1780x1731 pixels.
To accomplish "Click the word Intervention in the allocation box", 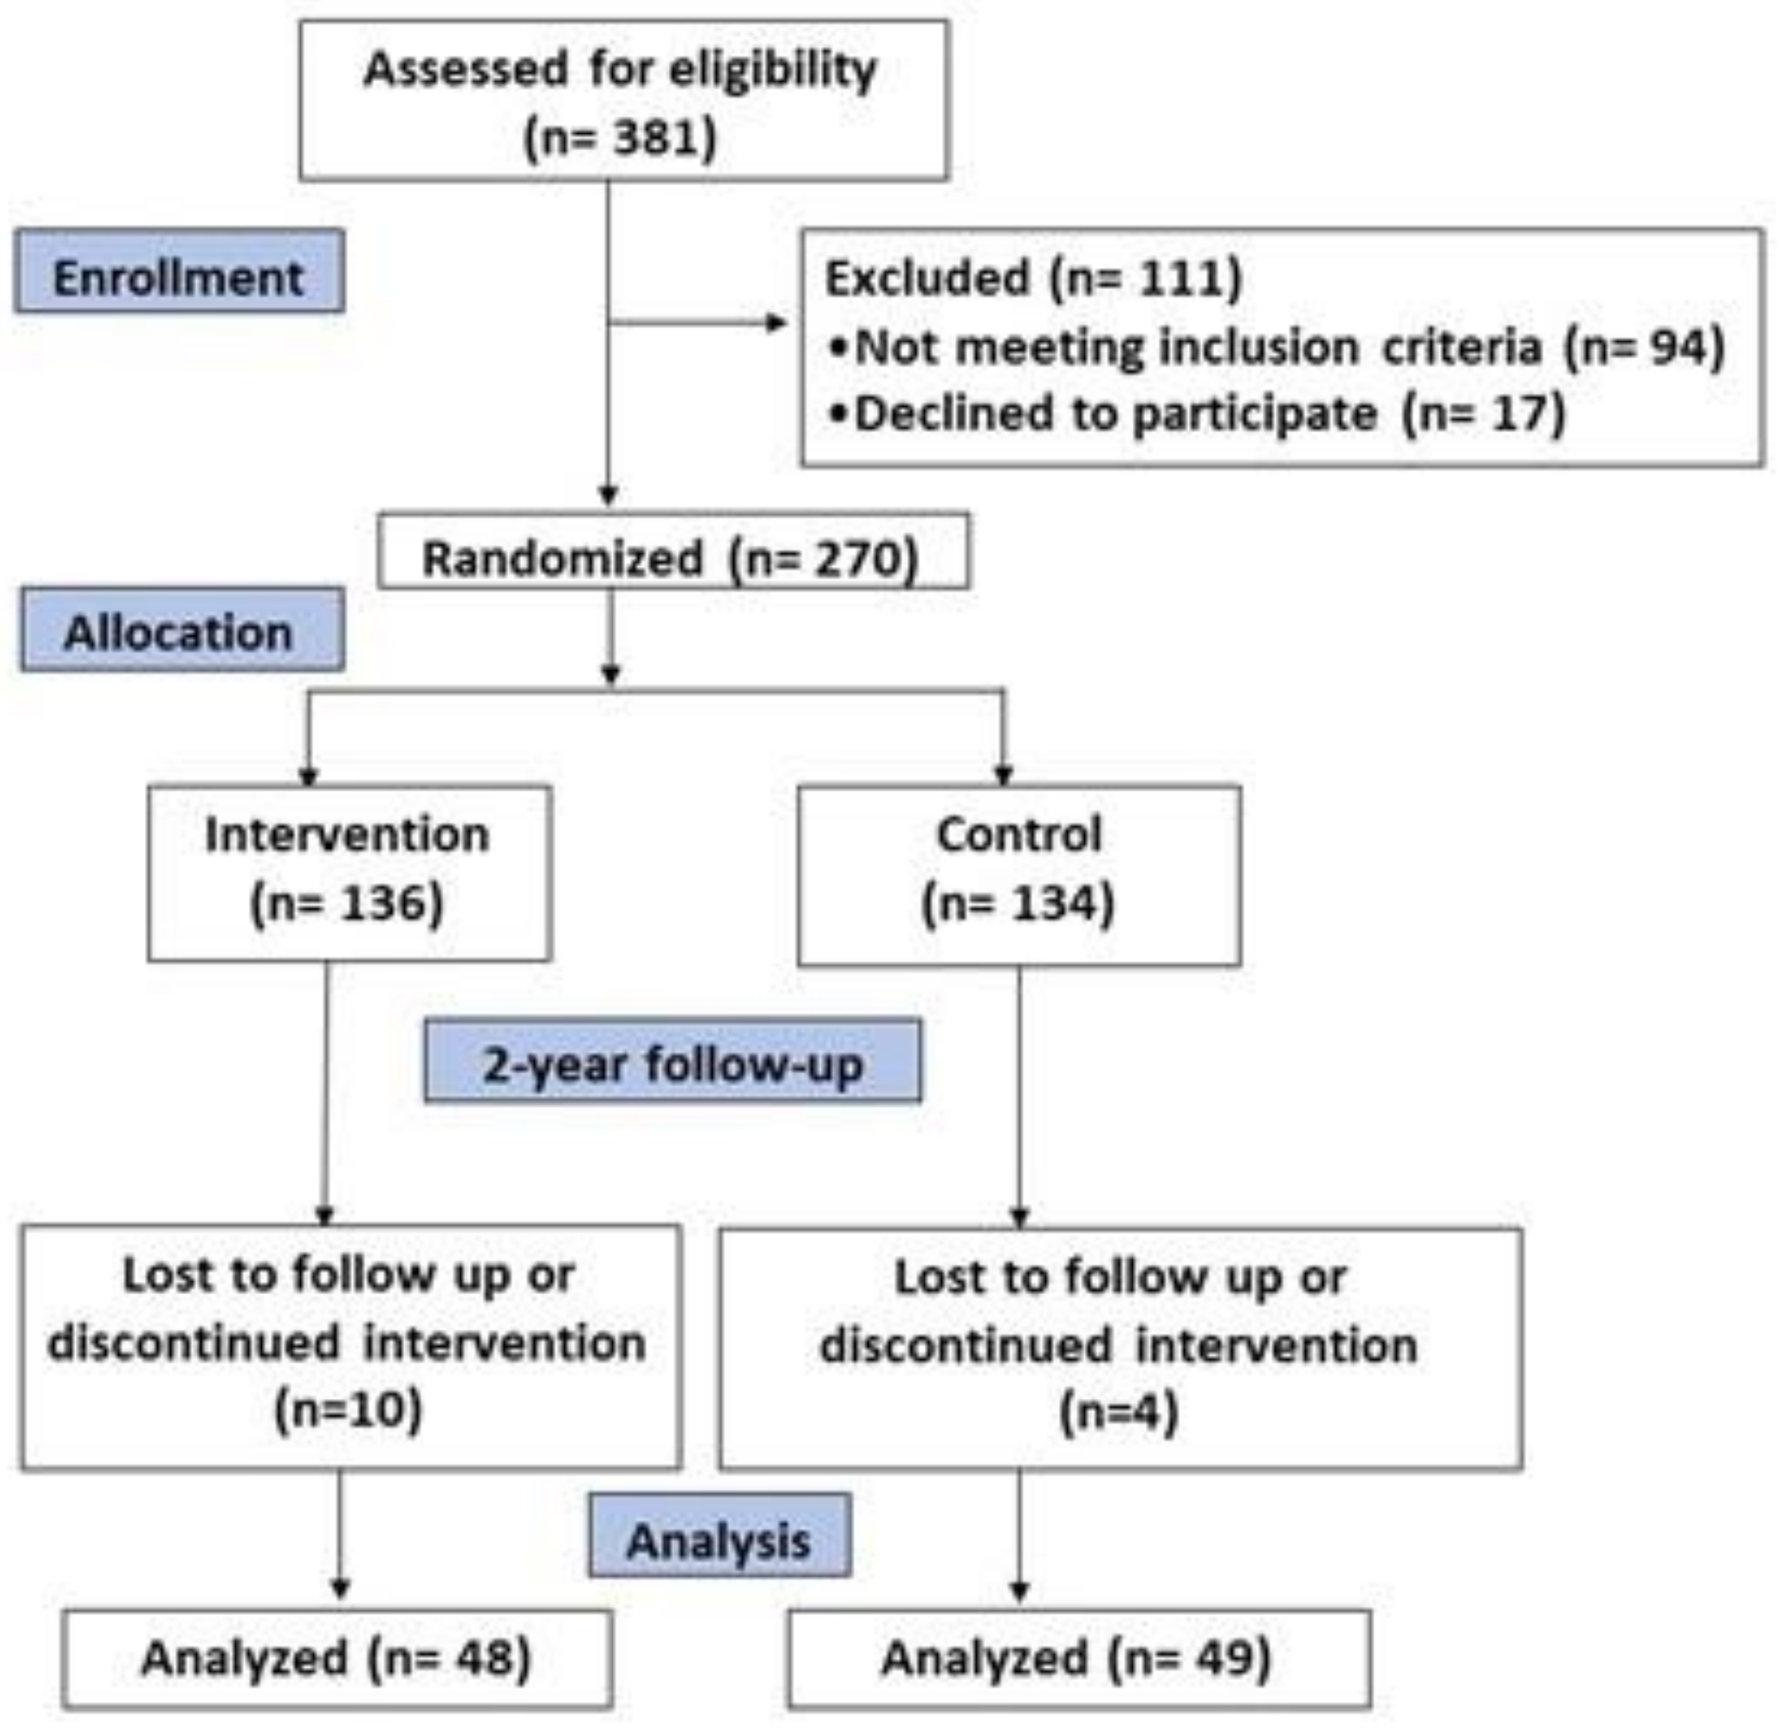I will point(347,835).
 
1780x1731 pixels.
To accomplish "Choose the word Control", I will point(1018,835).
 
